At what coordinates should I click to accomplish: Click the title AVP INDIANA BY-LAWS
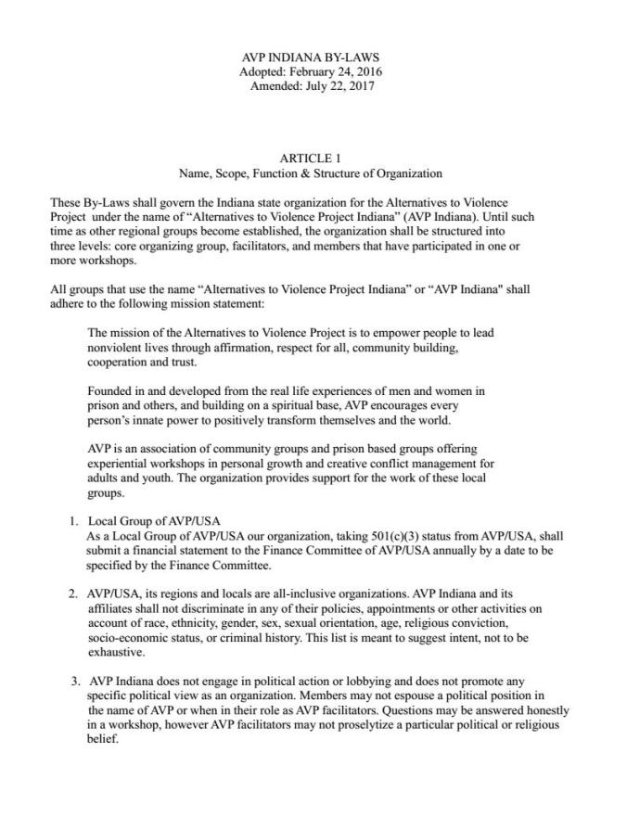tap(310, 57)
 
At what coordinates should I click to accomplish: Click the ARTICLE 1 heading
tap(310, 159)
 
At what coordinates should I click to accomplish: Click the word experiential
tap(119, 464)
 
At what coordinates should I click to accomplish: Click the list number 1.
tap(74, 521)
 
